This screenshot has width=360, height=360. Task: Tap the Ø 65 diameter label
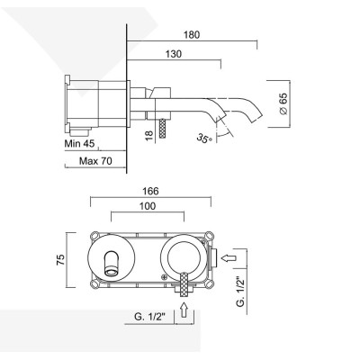(x=283, y=101)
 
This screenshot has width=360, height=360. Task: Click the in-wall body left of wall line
(x=99, y=102)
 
